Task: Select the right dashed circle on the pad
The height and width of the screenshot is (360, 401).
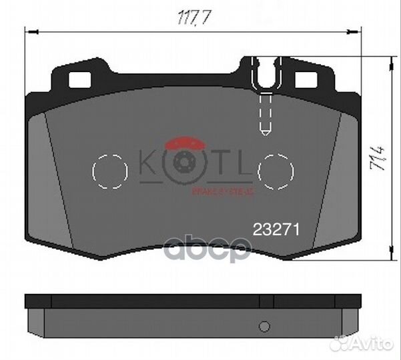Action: tap(276, 170)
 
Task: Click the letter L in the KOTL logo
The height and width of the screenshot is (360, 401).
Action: tap(242, 165)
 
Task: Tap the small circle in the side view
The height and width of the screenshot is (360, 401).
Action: tap(264, 327)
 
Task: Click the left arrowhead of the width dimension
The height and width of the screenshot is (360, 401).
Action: tap(29, 31)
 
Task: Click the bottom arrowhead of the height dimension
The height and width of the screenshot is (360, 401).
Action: tap(388, 261)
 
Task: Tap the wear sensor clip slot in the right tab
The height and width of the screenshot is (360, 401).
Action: tap(265, 77)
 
